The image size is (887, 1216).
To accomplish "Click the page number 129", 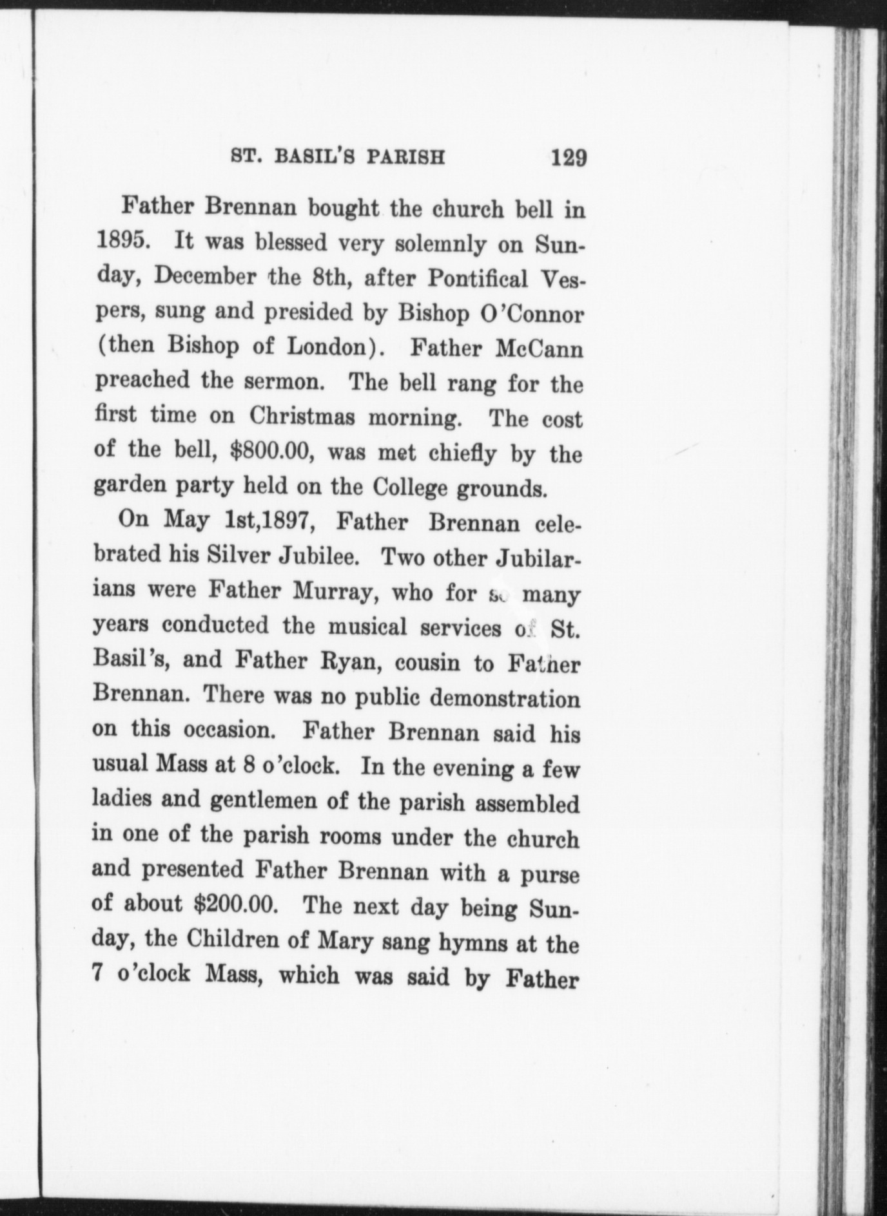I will pyautogui.click(x=569, y=157).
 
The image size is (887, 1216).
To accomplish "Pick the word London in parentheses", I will pyautogui.click(x=326, y=348).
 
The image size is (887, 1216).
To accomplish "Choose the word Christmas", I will pyautogui.click(x=302, y=417).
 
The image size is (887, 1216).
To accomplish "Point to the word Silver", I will pyautogui.click(x=237, y=556).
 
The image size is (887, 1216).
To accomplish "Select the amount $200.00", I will pyautogui.click(x=236, y=904).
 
